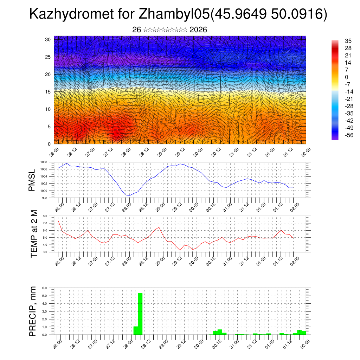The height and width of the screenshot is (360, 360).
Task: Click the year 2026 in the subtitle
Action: [198, 30]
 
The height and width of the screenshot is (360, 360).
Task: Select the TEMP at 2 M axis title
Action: [34, 233]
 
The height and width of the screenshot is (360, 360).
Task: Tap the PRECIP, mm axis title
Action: [33, 311]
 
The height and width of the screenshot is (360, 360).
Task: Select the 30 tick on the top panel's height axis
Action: [48, 39]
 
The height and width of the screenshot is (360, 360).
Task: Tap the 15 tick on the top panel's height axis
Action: [48, 92]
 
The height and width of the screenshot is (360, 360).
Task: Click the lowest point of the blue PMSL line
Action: [129, 195]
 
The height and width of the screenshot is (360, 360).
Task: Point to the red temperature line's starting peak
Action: [58, 221]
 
